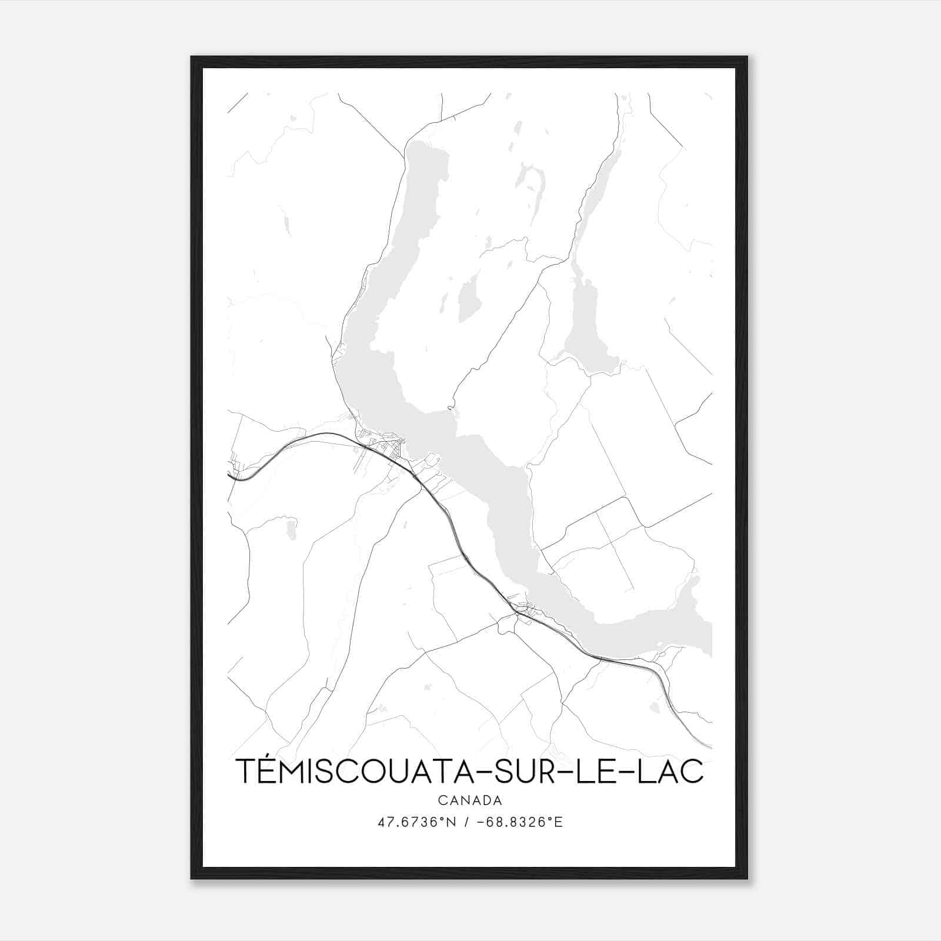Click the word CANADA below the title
470,800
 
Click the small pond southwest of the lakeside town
290,528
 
